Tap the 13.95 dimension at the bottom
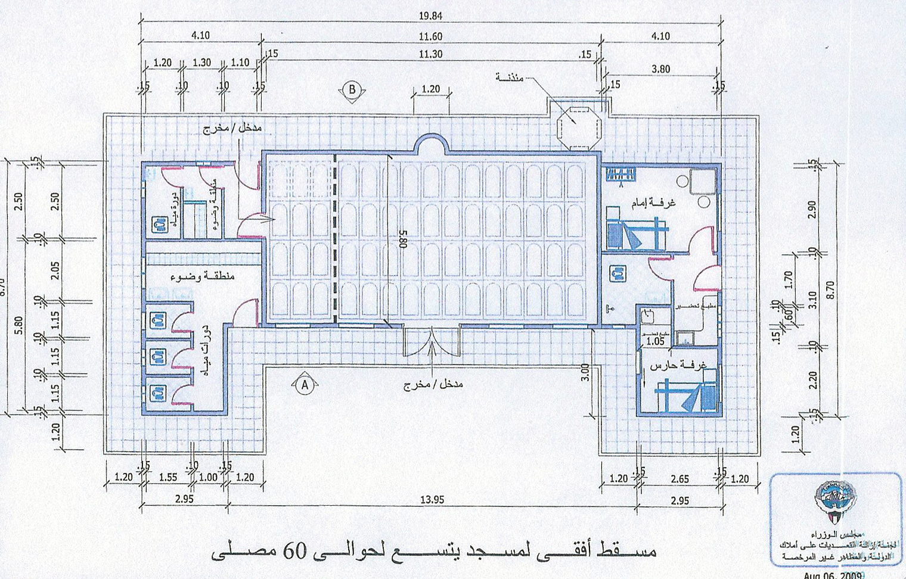[x=432, y=500]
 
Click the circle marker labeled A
[x=304, y=385]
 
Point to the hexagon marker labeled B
[x=352, y=89]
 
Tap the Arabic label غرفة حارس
[x=678, y=364]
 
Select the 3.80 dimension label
[x=660, y=69]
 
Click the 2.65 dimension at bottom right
[x=679, y=478]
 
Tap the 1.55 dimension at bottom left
[x=169, y=477]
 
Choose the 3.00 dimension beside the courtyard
[x=585, y=373]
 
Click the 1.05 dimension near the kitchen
[x=655, y=341]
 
